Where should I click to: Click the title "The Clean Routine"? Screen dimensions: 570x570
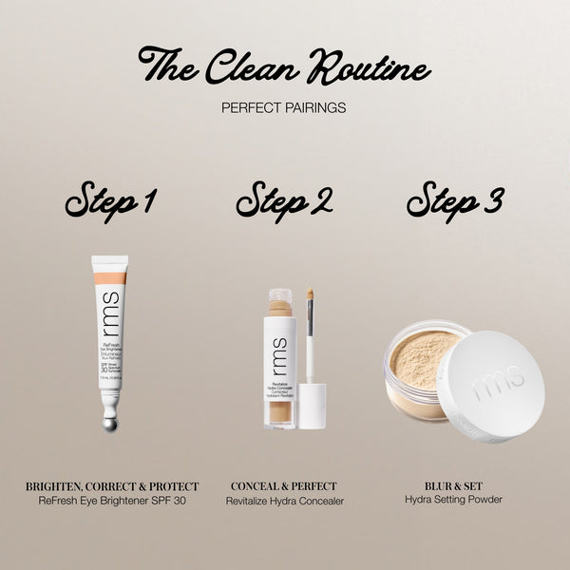pos(284,66)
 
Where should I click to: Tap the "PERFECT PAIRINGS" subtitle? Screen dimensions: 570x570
pos(284,107)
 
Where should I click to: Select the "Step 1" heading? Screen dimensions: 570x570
pos(110,200)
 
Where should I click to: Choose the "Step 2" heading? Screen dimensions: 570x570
pos(284,200)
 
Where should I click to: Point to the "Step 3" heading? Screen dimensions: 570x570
pos(455,200)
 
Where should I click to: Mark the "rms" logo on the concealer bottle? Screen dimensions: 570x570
pos(278,349)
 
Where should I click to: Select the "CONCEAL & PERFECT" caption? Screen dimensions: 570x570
pos(284,486)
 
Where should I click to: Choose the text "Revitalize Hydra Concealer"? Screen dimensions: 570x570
pos(284,501)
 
